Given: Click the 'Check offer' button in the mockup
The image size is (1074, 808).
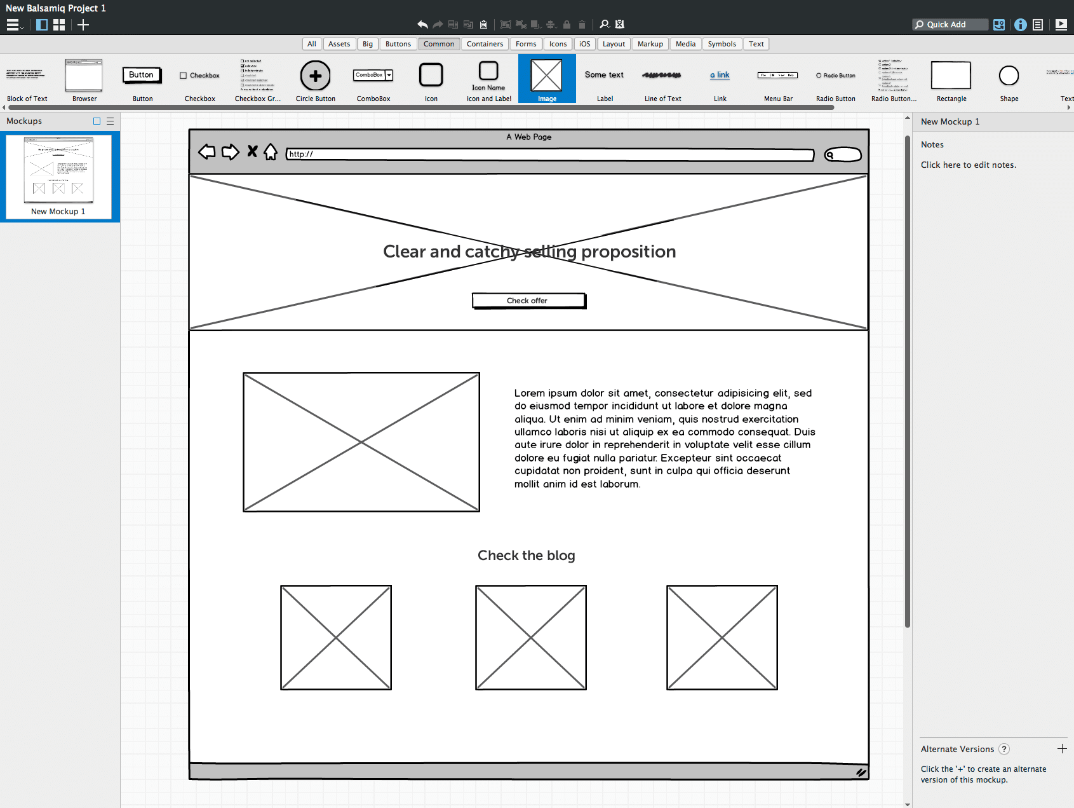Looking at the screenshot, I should (x=528, y=301).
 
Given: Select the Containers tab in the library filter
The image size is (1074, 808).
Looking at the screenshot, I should (x=485, y=44).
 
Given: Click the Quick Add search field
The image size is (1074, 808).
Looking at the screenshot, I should (x=950, y=24).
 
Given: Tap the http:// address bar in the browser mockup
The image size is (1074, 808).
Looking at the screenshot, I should (x=549, y=154).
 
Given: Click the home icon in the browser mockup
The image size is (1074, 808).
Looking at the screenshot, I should (x=271, y=152).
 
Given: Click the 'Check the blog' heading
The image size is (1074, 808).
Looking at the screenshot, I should (x=526, y=556).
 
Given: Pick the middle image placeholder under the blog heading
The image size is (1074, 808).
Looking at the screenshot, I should (x=530, y=637).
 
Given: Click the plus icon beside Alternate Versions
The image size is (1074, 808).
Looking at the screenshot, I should (x=1062, y=749).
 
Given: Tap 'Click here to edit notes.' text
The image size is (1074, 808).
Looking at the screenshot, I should (x=968, y=165).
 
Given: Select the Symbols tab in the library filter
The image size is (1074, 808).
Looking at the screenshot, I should (x=722, y=44).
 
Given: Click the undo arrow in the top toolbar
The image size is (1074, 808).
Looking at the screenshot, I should (x=422, y=24).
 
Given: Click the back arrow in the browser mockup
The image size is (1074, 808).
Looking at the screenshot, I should (x=207, y=152).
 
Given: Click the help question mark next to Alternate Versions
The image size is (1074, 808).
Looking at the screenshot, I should (x=1004, y=749).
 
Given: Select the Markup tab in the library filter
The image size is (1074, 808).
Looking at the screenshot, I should (x=650, y=44).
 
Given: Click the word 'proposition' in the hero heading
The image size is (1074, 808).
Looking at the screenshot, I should (x=628, y=252).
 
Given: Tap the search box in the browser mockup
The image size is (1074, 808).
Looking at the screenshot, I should (x=843, y=154).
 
